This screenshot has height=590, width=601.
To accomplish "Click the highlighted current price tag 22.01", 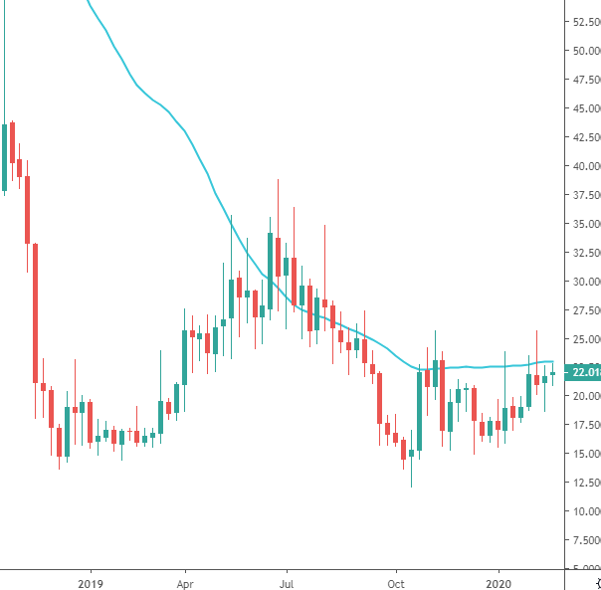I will pyautogui.click(x=581, y=373).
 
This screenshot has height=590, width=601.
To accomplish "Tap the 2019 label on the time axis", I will pyautogui.click(x=91, y=581).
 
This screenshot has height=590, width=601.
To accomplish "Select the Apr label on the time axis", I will pyautogui.click(x=185, y=581).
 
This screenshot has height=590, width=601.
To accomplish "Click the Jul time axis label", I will pyautogui.click(x=287, y=581).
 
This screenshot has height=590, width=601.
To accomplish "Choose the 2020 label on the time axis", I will pyautogui.click(x=501, y=581).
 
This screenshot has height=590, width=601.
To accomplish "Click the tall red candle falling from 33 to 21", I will pyautogui.click(x=35, y=312).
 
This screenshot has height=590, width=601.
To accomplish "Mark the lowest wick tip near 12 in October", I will pyautogui.click(x=411, y=487).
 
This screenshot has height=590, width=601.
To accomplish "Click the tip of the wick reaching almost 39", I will pyautogui.click(x=278, y=179).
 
